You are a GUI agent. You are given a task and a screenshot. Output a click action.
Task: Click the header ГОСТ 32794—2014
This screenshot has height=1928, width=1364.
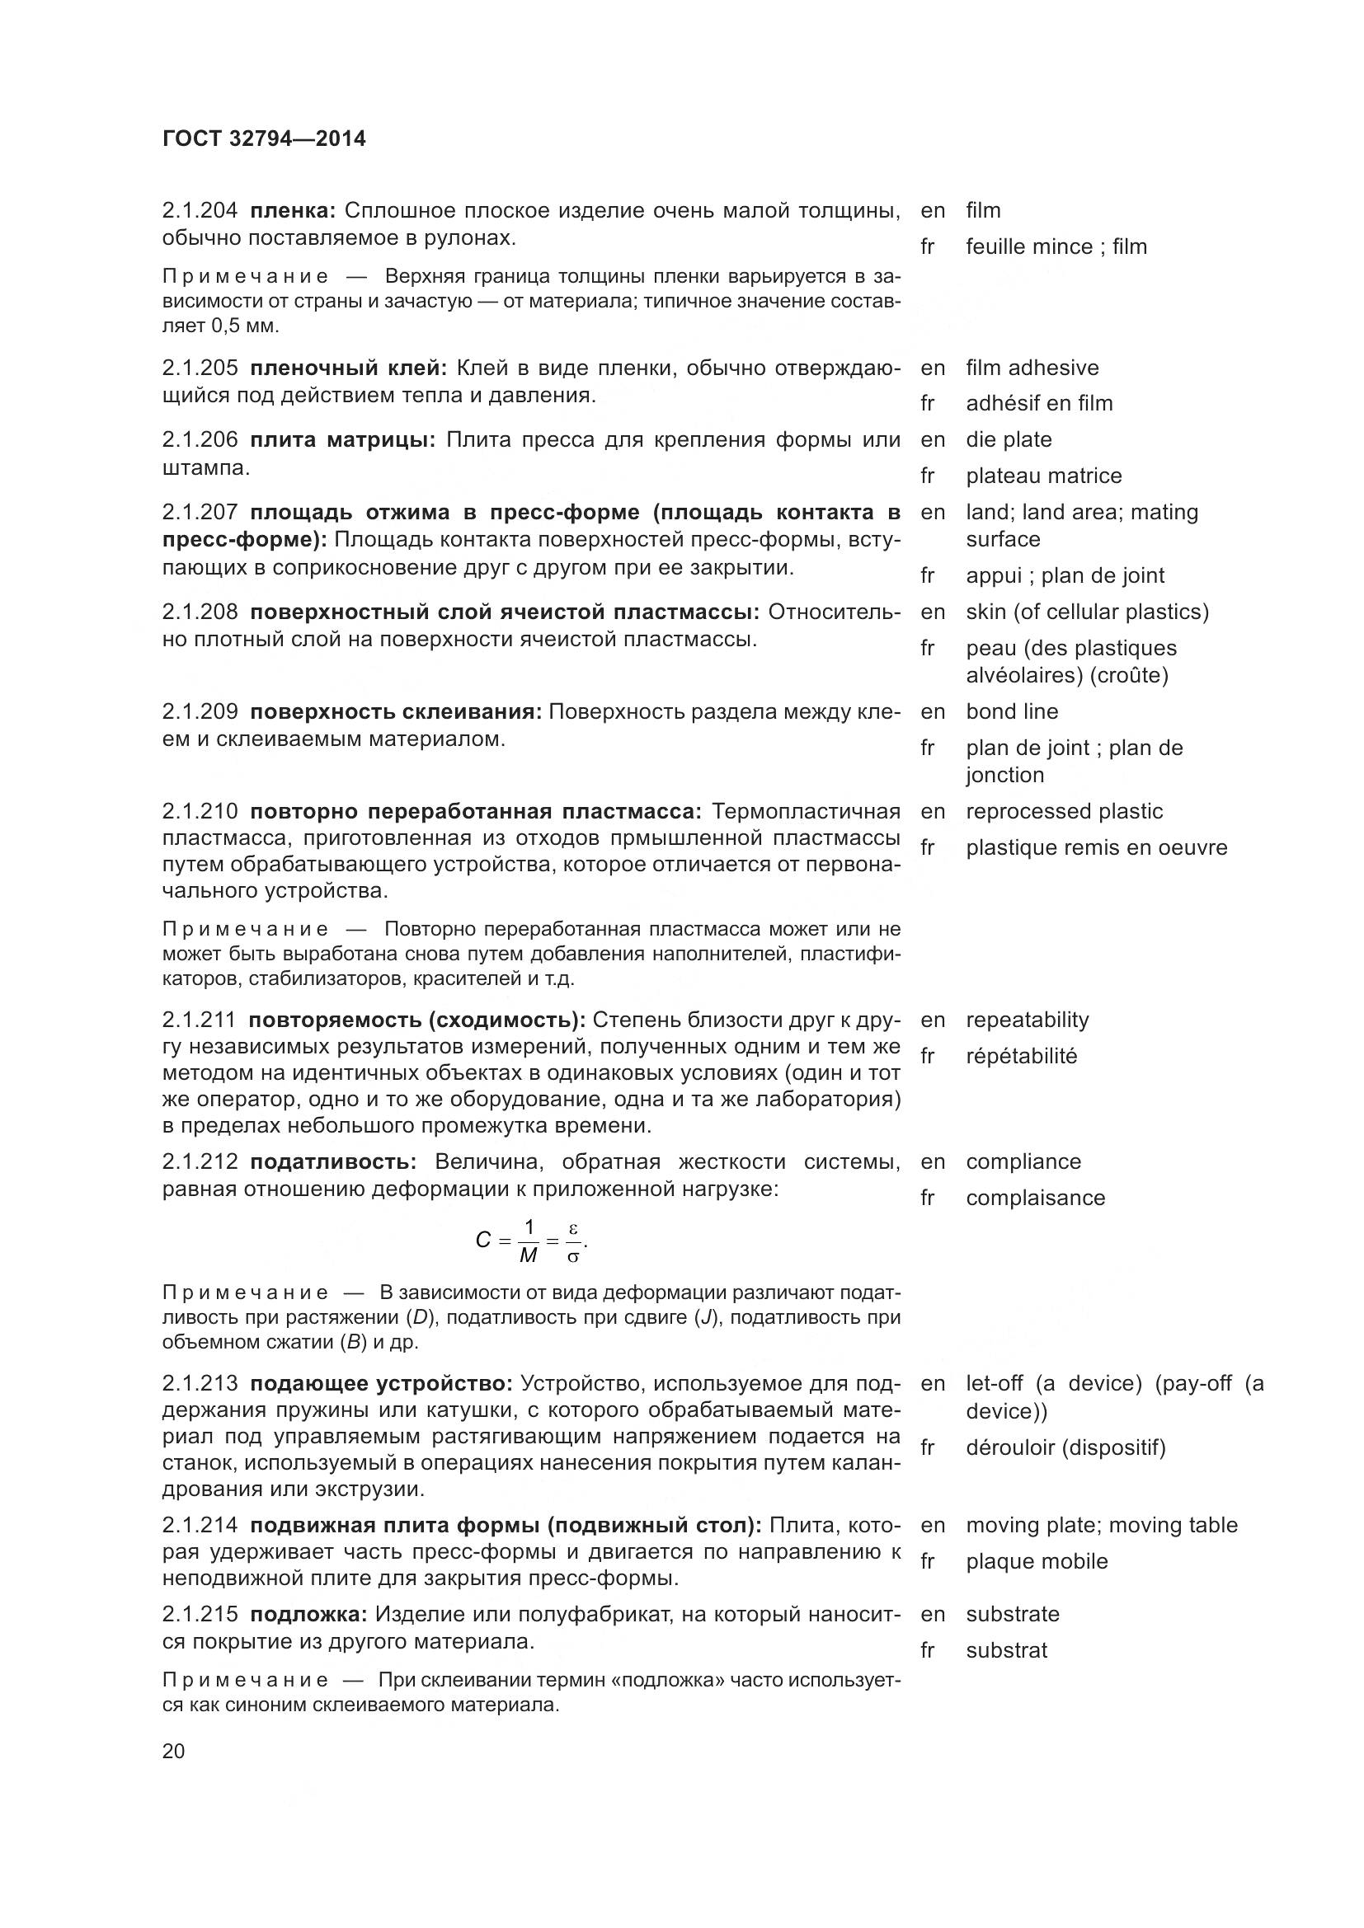tap(264, 138)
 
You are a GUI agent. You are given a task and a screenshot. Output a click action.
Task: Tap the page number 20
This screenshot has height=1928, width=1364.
tap(173, 1752)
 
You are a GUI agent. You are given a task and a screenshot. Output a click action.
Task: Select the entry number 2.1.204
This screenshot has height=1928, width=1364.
tap(200, 211)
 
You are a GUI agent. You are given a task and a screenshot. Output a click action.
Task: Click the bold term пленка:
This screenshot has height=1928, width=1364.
tap(293, 211)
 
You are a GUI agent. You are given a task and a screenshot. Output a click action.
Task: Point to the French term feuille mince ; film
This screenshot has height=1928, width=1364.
tap(1056, 247)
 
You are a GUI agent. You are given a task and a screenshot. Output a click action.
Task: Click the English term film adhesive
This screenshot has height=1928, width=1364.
tap(1032, 368)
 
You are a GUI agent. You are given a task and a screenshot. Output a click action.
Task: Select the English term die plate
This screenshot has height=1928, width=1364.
tap(1008, 440)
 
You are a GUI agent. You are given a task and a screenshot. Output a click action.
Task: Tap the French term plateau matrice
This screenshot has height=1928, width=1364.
tap(1043, 476)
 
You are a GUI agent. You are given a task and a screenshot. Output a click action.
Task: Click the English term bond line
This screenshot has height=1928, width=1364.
tap(1011, 712)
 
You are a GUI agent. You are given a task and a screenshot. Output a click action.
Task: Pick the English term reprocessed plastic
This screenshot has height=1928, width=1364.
tap(1063, 812)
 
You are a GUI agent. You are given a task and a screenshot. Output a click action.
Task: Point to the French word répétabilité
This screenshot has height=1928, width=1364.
tap(1020, 1057)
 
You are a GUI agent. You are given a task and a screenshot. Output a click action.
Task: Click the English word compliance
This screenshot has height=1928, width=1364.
tap(1023, 1162)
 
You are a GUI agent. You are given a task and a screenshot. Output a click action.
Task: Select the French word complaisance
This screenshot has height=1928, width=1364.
tap(1035, 1199)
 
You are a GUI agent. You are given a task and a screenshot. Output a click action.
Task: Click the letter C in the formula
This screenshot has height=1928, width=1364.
tap(482, 1241)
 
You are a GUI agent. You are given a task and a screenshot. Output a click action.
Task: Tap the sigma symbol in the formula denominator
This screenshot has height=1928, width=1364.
tap(573, 1257)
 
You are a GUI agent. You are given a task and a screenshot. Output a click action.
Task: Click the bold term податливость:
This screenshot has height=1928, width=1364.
tap(333, 1162)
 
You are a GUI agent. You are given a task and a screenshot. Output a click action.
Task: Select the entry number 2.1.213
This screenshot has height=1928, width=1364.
tap(200, 1383)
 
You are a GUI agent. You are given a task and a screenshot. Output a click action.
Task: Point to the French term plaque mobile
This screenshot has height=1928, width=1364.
tap(1037, 1562)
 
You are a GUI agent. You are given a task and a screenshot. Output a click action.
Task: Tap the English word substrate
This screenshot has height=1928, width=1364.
tap(1012, 1614)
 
